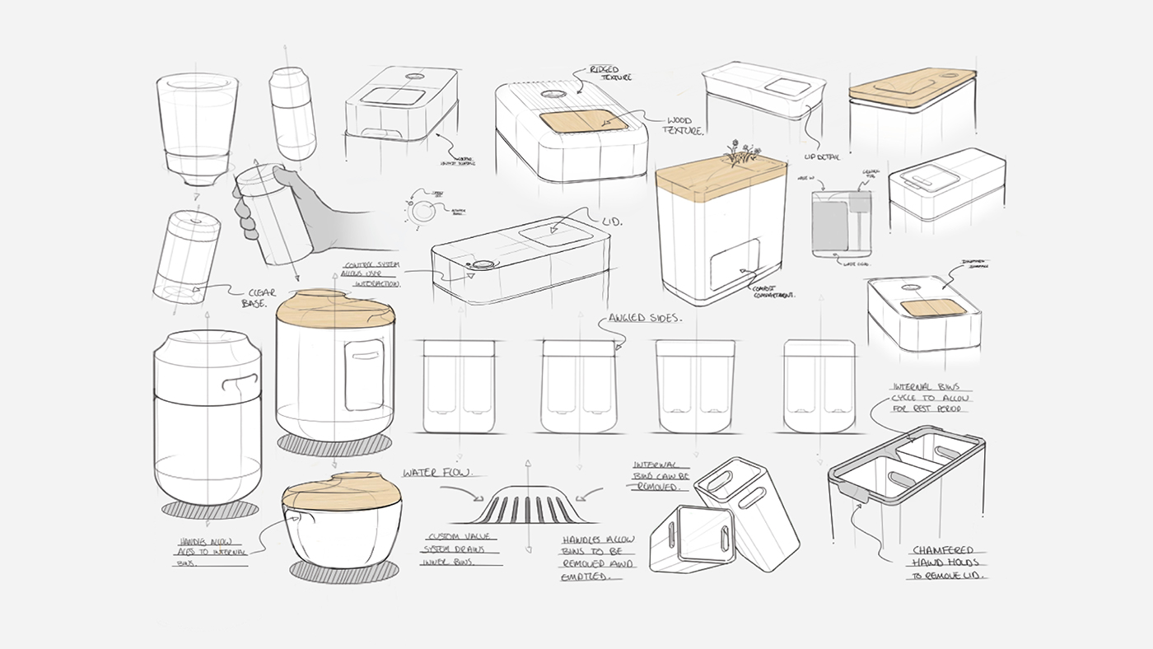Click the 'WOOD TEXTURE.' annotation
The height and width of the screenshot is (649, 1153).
[x=681, y=126]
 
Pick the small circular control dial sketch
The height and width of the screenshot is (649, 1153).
[x=422, y=211]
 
